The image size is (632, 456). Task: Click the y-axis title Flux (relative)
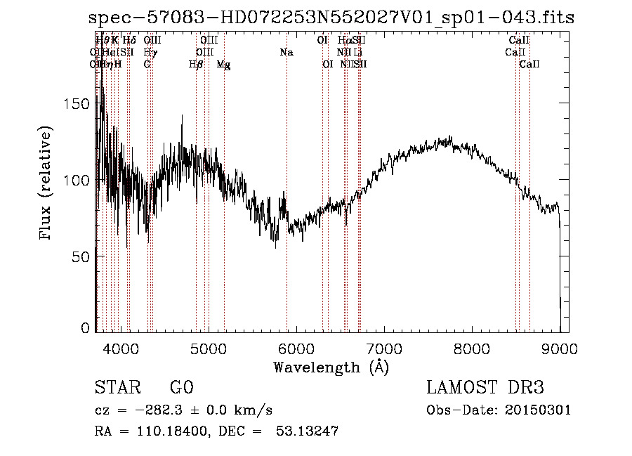47,184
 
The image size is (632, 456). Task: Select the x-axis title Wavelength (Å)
331,367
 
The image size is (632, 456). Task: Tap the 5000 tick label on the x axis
209,348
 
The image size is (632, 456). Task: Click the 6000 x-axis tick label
296,348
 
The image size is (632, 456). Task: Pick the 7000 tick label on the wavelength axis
384,348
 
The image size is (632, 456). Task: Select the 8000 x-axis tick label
472,348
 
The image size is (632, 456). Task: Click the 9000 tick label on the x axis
560,348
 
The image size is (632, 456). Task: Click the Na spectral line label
287,53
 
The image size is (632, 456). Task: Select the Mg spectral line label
223,65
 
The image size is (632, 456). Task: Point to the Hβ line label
196,65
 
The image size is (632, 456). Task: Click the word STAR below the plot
116,388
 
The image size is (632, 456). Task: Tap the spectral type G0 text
181,388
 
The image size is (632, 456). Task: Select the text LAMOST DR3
485,388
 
